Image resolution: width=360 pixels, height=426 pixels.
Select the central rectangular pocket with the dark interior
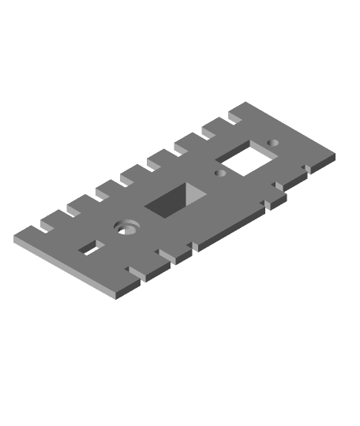coord(175,200)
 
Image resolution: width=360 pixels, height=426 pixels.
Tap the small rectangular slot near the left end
coord(92,249)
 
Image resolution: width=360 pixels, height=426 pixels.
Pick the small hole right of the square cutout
coord(273,143)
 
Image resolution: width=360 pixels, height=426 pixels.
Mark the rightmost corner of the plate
coord(335,155)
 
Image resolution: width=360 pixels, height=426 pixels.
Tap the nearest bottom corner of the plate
coord(118,293)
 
